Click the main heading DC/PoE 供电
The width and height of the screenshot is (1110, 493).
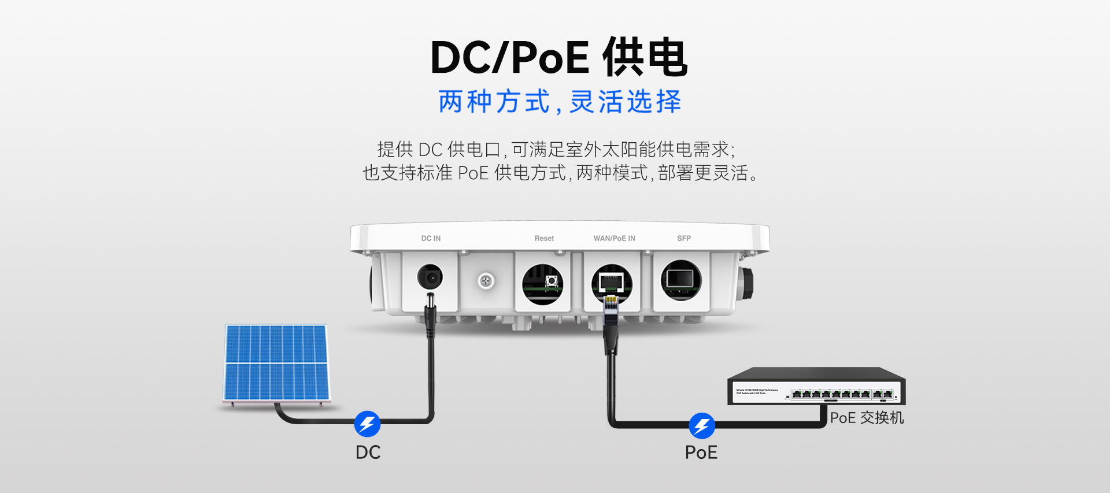pos(558,58)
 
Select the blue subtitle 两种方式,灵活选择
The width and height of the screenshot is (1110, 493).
pos(560,102)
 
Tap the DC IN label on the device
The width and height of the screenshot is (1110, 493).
pos(431,238)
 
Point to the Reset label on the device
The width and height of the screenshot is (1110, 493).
pos(544,238)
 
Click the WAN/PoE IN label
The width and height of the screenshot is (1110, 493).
pos(614,238)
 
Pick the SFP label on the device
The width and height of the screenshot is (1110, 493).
pos(684,238)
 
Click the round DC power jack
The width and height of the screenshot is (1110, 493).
pos(430,277)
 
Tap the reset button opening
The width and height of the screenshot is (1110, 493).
pos(543,283)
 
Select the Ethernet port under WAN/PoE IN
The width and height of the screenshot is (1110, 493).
pos(612,282)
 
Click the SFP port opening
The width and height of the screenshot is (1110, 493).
pos(680,280)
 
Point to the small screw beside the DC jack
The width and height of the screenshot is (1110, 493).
pos(486,281)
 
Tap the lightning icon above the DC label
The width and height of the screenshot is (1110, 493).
pos(367,424)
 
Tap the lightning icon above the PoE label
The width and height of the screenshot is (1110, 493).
pos(702,426)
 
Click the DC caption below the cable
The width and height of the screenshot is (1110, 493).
pos(368,453)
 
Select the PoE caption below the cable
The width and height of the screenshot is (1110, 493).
pos(701,453)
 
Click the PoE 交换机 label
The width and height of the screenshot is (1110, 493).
pos(867,418)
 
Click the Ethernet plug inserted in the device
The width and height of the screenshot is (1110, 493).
pos(610,312)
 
